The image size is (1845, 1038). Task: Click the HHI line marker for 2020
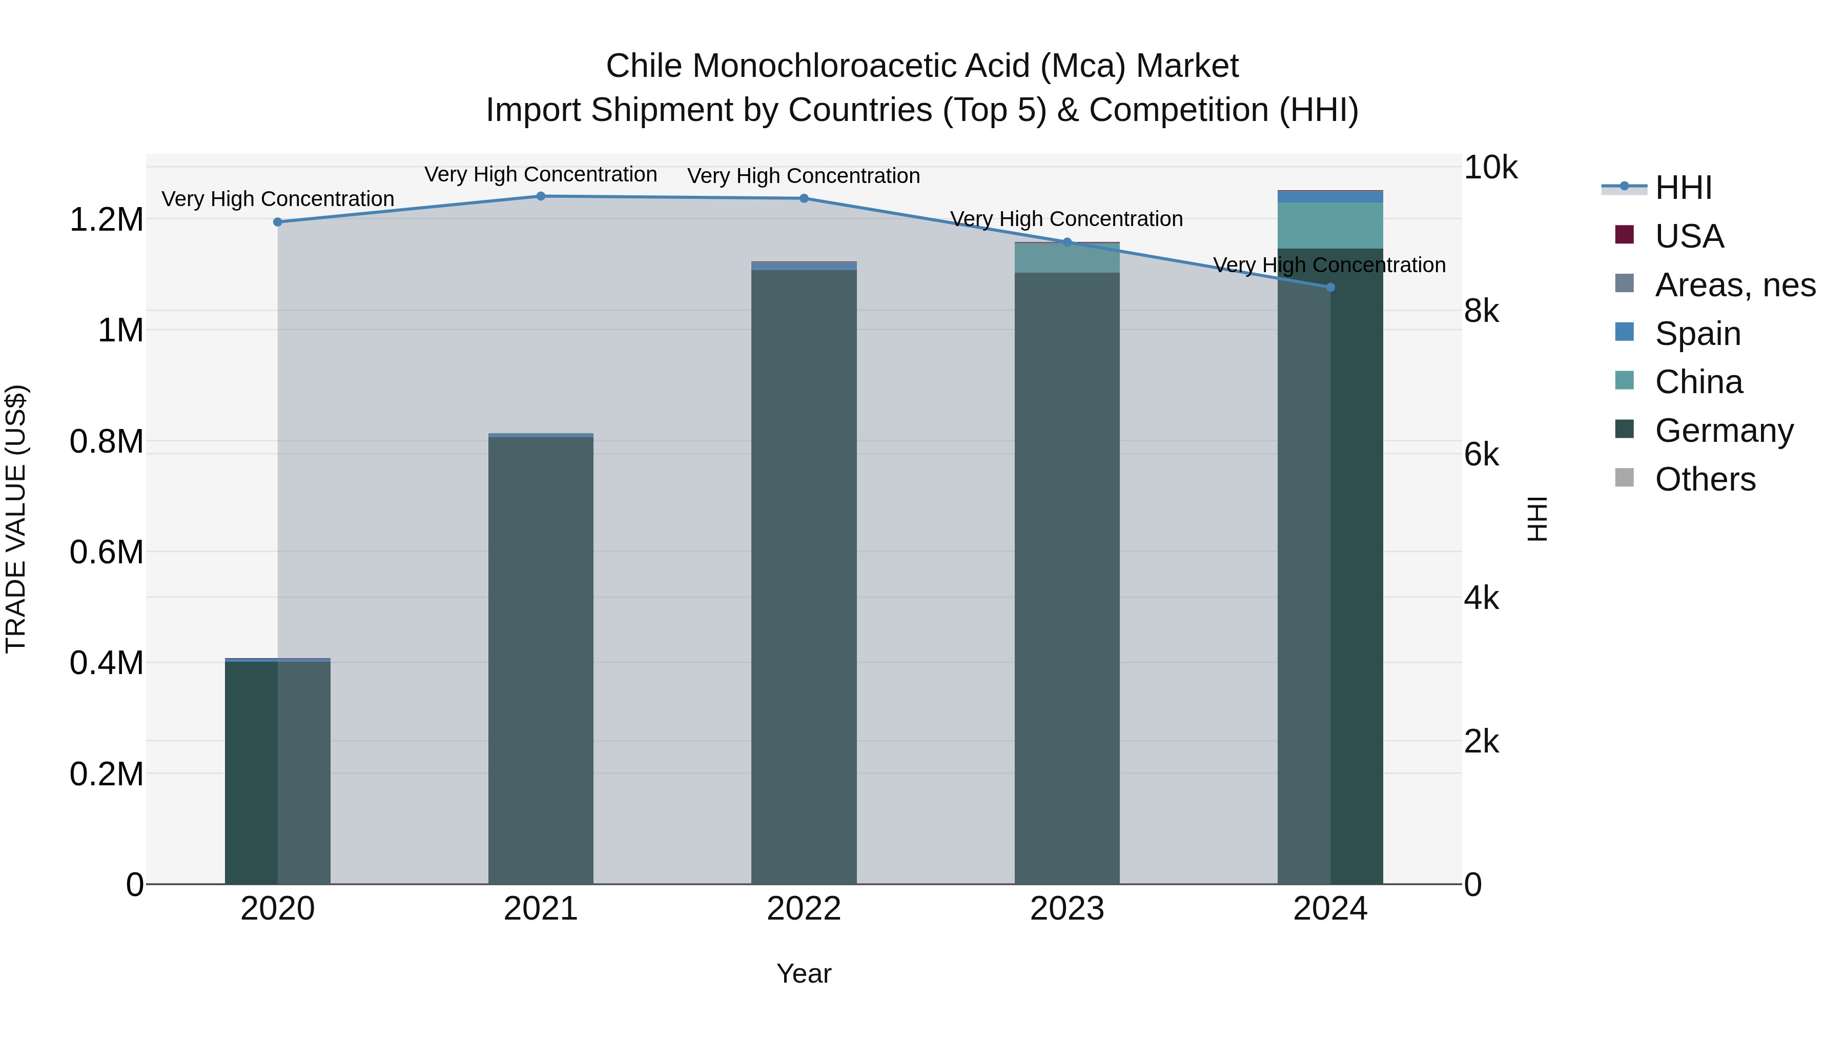[x=278, y=222]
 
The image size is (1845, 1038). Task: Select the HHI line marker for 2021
[x=541, y=196]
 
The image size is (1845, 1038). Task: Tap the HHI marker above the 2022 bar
[x=804, y=198]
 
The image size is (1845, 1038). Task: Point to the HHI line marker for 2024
[x=1330, y=287]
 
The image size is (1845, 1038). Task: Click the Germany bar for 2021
[x=541, y=659]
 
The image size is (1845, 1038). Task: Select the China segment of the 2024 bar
[x=1330, y=226]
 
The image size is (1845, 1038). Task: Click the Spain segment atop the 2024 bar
[x=1330, y=197]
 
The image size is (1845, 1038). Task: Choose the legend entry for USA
[x=1689, y=236]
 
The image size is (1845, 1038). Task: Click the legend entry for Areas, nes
[x=1734, y=285]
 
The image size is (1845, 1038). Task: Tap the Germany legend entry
[x=1723, y=431]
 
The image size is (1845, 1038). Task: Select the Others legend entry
[x=1705, y=479]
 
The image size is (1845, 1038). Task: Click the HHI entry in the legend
[x=1683, y=188]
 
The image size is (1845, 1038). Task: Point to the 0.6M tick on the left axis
[x=106, y=552]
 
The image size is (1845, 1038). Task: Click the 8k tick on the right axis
[x=1481, y=311]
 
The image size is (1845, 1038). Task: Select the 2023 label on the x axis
[x=1067, y=909]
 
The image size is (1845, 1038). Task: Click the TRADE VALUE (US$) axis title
[x=16, y=519]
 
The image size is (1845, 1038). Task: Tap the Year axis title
[x=804, y=973]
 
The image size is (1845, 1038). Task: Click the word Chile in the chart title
[x=643, y=66]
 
